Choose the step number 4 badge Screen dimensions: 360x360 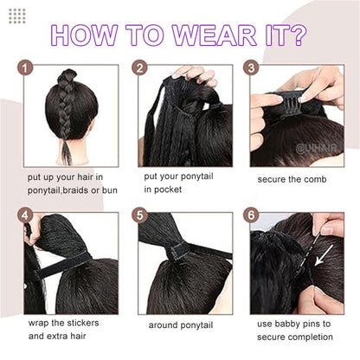coord(28,215)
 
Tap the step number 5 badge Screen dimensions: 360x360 coord(139,215)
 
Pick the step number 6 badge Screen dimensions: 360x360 coord(251,215)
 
